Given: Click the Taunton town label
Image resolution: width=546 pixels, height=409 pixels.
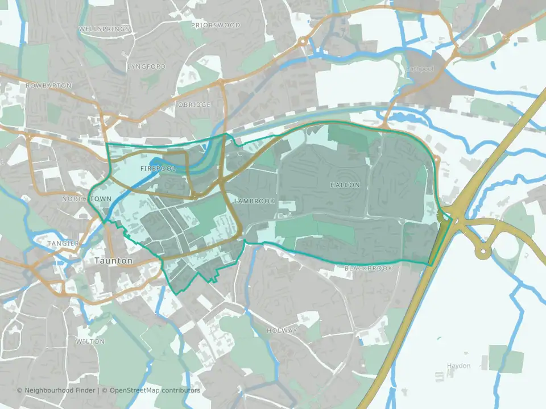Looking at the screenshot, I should (x=110, y=261).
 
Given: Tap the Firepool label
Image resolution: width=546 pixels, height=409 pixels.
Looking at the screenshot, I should (x=155, y=169).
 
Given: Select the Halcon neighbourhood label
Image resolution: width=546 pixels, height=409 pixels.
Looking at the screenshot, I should (x=345, y=185).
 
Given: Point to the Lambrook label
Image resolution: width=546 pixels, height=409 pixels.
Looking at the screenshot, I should (x=254, y=201).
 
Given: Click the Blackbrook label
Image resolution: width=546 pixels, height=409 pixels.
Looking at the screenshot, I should (x=368, y=268).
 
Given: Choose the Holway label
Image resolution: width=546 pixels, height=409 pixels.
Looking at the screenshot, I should (x=282, y=331).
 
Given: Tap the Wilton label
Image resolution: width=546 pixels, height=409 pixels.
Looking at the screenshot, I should (x=90, y=341).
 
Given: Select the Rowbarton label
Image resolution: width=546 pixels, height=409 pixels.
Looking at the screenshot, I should (x=49, y=85).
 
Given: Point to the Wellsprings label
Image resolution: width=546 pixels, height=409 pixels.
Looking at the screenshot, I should (x=105, y=28).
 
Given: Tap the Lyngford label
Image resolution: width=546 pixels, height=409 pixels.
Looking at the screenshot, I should (x=147, y=66).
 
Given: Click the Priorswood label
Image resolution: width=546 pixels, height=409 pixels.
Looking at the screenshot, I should (x=216, y=25).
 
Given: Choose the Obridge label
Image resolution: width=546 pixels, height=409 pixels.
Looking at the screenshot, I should (x=194, y=105).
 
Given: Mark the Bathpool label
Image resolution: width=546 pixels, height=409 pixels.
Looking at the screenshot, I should (x=420, y=69).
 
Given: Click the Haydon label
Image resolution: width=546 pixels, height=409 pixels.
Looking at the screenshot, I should (x=458, y=366).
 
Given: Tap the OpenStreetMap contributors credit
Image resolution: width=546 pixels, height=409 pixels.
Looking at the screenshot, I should (x=155, y=390).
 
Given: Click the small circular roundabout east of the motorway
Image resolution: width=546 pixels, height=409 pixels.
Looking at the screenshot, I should (x=483, y=251).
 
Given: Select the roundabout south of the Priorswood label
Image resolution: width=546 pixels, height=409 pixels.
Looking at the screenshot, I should (x=303, y=41).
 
